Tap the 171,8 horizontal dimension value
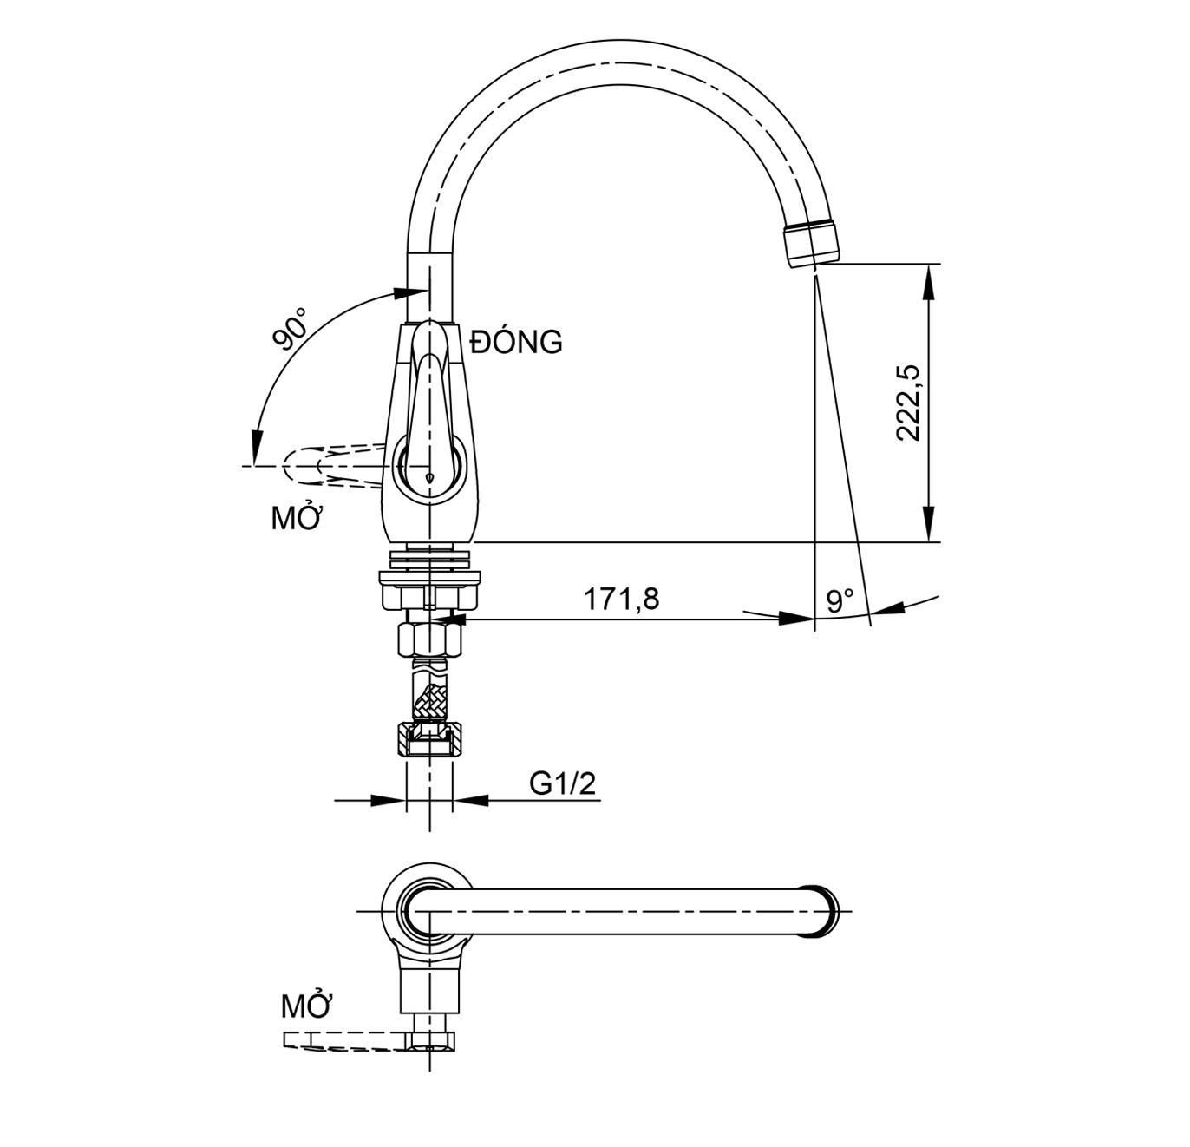point(620,599)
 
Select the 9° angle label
point(840,600)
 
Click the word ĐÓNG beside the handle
point(516,342)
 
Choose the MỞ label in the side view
point(297,519)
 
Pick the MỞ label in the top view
point(307,1006)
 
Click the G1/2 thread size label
point(563,783)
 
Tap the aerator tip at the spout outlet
point(812,243)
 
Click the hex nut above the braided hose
point(430,640)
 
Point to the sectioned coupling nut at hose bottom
point(430,739)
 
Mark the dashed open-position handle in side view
point(330,466)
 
